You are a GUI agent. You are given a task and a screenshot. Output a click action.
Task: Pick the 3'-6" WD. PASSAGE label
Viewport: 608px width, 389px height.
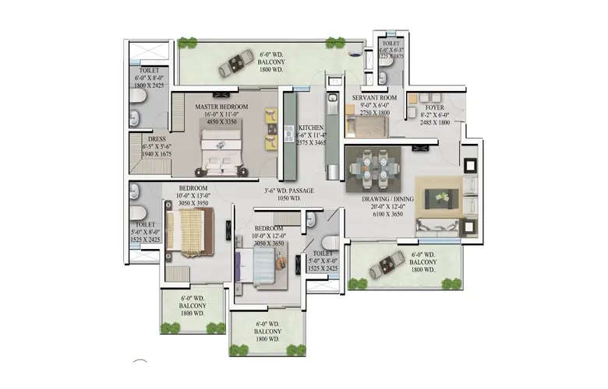coord(289,190)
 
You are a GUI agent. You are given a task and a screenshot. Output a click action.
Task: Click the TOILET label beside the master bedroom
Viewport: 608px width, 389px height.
coord(147,69)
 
